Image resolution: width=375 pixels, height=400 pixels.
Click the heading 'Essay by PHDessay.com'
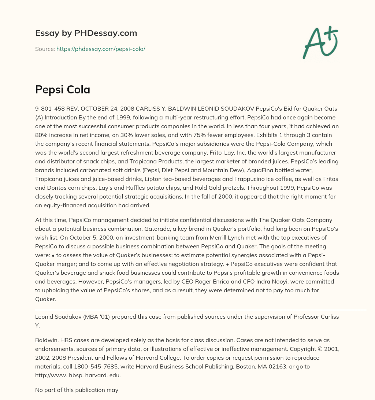86,33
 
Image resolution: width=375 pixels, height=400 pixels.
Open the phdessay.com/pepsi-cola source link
101,49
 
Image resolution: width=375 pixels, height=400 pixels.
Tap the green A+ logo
320,42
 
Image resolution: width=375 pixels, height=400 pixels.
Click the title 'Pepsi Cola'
63,89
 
